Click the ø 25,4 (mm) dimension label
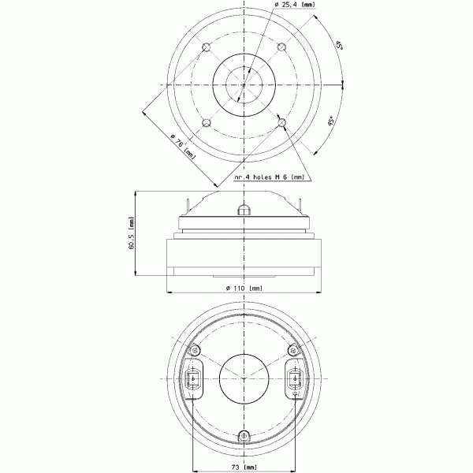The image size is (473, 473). click(x=295, y=5)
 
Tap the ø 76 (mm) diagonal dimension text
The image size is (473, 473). click(x=183, y=147)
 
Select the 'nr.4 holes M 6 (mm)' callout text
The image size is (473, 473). click(x=270, y=177)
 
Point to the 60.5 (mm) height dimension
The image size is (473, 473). click(x=131, y=233)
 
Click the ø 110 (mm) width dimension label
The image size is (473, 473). click(x=244, y=288)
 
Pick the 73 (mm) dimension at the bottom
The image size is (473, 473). click(x=244, y=467)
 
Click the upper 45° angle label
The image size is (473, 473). click(x=339, y=46)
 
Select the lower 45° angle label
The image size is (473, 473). click(x=331, y=121)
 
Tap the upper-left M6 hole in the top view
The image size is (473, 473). click(x=207, y=47)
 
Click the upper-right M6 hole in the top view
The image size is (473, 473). click(x=281, y=47)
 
